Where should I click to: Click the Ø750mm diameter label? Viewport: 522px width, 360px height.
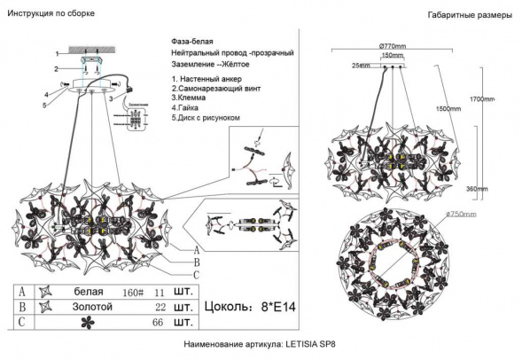[x=462, y=214]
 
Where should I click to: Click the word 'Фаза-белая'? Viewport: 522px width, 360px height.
[x=192, y=42]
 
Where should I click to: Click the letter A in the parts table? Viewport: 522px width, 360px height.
[x=19, y=292]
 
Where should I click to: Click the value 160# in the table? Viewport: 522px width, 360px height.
[x=130, y=292]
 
